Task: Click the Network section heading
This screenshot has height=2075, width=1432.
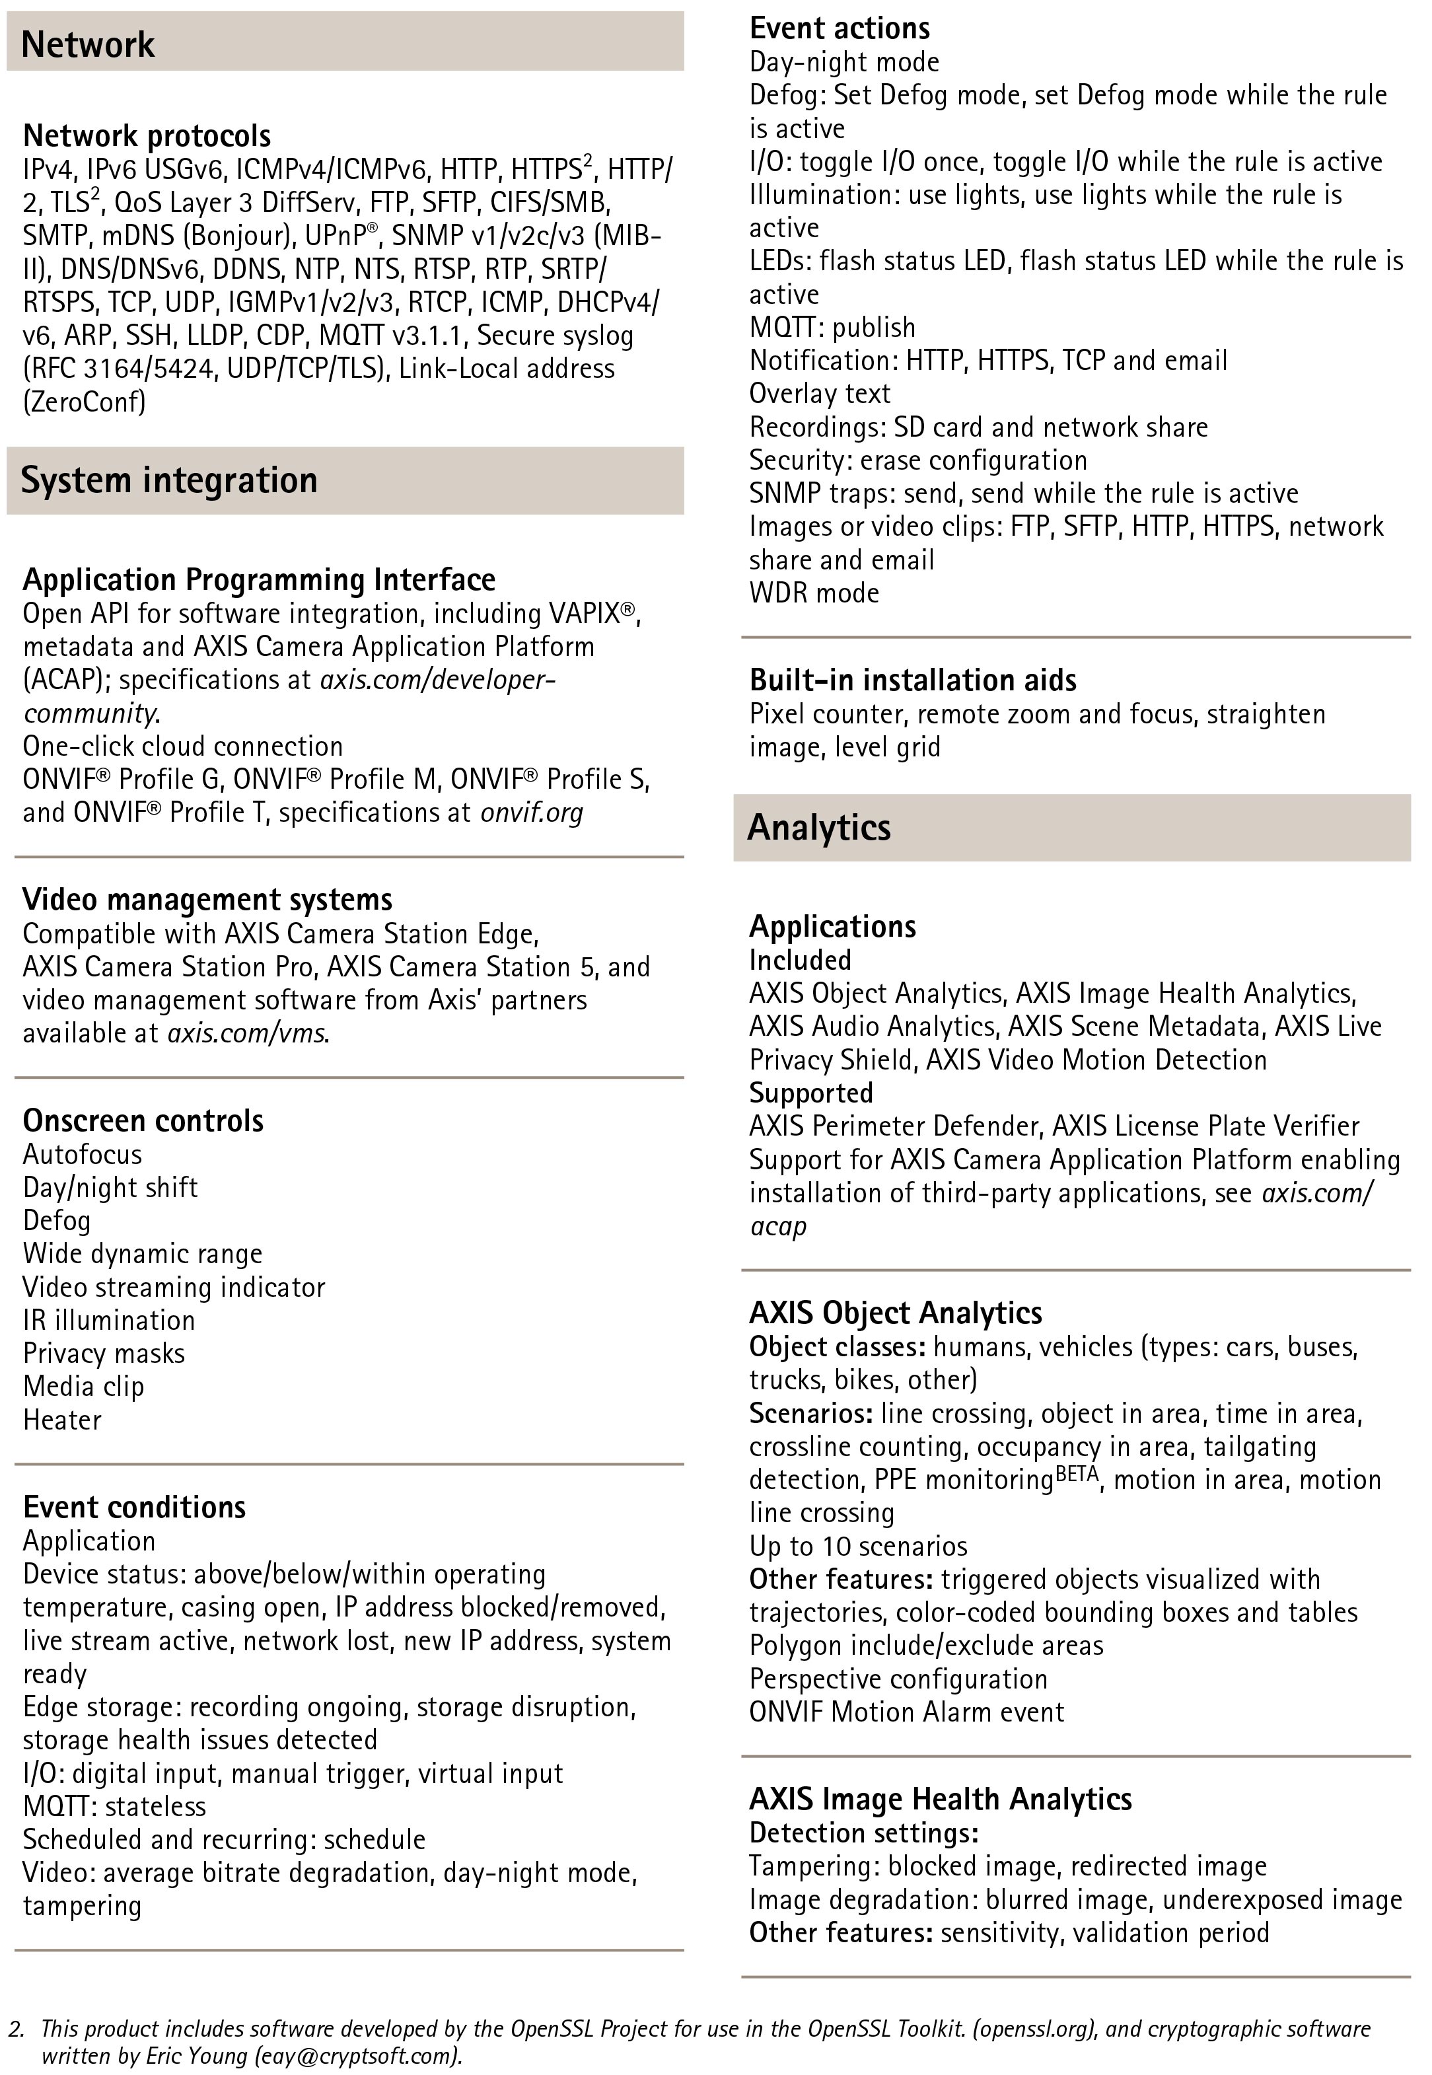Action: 88,44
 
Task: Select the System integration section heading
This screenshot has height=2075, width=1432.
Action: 168,480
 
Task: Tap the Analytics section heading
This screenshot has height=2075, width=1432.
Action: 818,827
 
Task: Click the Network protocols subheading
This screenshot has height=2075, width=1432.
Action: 146,135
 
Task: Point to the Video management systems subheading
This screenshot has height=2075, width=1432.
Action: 207,899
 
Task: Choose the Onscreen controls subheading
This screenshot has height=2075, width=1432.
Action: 143,1120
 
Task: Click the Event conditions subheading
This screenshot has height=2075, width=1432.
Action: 133,1507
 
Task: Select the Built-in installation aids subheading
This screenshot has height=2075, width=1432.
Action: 912,680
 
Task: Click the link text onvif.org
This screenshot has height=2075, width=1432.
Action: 531,813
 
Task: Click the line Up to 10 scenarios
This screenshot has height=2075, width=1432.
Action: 858,1547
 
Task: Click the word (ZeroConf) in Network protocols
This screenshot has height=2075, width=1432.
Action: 85,401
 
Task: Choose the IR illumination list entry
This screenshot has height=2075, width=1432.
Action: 108,1321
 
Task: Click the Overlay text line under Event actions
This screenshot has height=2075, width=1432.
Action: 819,394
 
